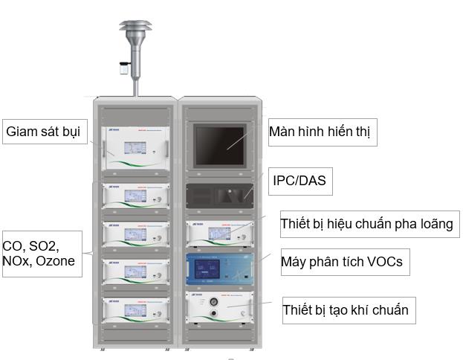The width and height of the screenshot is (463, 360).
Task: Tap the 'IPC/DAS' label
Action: (x=298, y=179)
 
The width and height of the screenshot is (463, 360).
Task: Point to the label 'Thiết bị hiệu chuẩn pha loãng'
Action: (x=366, y=223)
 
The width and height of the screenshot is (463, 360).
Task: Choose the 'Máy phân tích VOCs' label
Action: (x=341, y=262)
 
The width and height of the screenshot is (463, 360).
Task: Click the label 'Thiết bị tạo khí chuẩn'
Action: (x=345, y=309)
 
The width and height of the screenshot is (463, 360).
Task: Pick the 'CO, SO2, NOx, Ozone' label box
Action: (x=40, y=253)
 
